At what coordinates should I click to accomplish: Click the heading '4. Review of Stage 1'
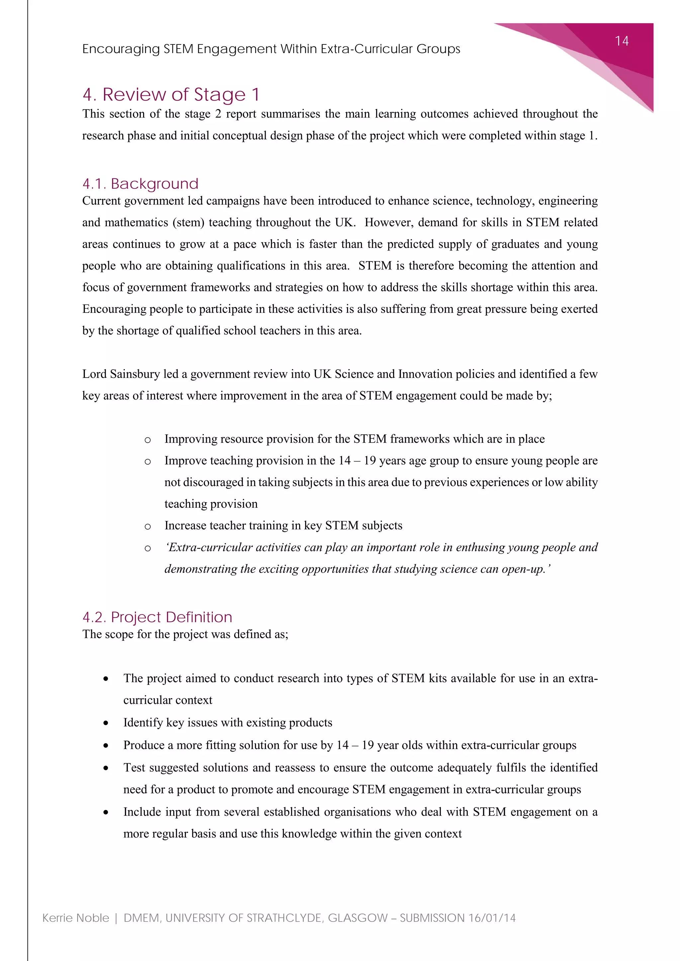point(171,95)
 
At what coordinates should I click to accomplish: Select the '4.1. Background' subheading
point(140,184)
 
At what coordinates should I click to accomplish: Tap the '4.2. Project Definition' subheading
point(157,617)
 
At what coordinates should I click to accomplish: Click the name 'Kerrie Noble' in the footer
point(76,918)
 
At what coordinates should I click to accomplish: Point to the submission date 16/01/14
point(492,918)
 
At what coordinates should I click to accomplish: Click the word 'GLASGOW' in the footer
point(358,918)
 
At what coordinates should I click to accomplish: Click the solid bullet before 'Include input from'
point(106,812)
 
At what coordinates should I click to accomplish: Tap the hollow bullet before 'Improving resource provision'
point(147,440)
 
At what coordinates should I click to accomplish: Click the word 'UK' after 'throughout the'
point(345,222)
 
